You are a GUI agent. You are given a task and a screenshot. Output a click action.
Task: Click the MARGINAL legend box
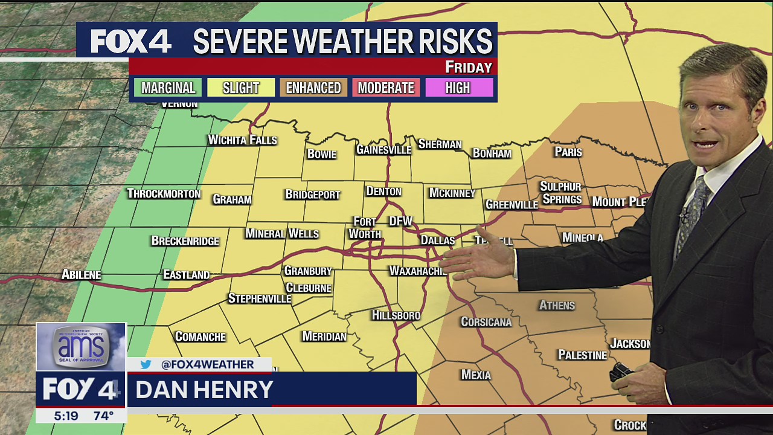168,88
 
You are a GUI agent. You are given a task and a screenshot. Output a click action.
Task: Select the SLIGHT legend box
240,88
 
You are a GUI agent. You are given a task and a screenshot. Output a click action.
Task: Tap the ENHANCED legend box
313,88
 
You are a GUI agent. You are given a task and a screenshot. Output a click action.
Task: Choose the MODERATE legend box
386,88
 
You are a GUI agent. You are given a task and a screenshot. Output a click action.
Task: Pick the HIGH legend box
458,88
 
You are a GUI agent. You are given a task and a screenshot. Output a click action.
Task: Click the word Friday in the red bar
469,67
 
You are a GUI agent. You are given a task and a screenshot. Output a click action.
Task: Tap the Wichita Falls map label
242,140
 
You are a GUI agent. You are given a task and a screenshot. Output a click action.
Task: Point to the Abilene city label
81,275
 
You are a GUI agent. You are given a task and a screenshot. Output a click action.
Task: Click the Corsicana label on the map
486,322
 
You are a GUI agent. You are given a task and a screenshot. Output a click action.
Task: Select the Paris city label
568,152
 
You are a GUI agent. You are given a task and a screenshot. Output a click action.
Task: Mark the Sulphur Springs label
561,193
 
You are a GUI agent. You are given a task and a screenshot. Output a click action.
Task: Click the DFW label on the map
400,222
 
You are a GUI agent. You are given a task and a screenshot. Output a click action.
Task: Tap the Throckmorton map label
164,194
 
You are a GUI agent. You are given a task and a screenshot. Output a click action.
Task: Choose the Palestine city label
582,355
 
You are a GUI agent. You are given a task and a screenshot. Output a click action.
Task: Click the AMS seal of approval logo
81,347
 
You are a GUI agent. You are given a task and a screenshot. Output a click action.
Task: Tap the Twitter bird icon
146,364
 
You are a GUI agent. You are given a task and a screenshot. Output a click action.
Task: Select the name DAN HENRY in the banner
204,390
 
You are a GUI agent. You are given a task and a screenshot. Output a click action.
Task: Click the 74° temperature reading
103,416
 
